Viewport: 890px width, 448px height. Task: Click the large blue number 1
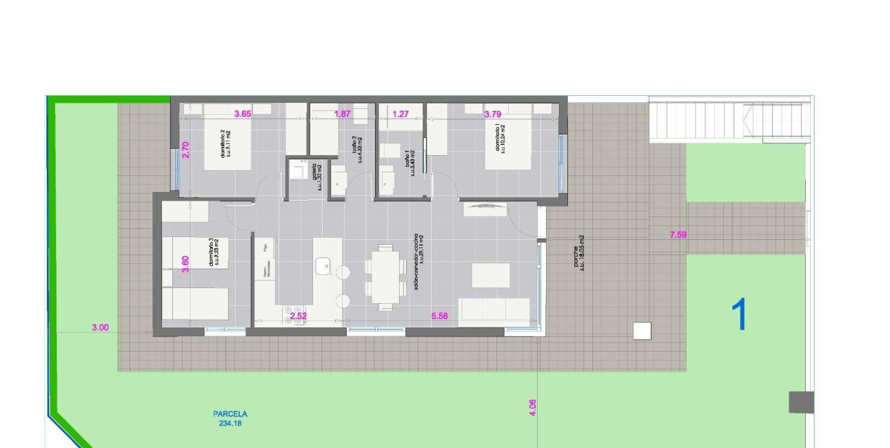tap(739, 315)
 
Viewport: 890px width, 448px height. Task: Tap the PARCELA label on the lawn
tap(230, 414)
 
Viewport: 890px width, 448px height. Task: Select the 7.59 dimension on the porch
tap(678, 235)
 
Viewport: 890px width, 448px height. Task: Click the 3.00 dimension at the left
tap(100, 328)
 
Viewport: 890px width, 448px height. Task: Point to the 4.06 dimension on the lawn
tap(532, 408)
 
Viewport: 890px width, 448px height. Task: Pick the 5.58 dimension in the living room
tap(439, 316)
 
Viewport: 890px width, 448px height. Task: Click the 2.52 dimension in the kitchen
tap(298, 316)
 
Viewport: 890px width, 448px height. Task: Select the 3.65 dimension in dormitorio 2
tap(242, 114)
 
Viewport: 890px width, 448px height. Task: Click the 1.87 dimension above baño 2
tap(343, 114)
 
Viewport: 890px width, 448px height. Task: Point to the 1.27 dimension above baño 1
tap(401, 114)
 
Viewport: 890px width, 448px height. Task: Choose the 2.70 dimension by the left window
tap(185, 150)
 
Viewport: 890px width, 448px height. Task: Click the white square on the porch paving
tap(642, 331)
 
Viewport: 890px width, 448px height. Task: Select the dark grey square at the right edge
tap(801, 402)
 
